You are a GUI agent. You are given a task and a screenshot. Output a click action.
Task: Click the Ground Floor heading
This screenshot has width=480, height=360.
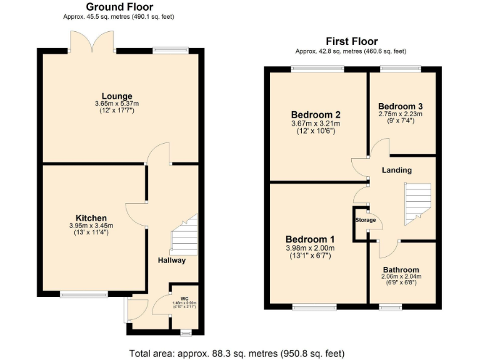(x=119, y=7)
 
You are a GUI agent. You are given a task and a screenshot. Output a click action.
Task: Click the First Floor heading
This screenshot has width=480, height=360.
(x=351, y=42)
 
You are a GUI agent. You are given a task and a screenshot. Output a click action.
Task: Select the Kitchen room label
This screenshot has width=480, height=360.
(x=91, y=218)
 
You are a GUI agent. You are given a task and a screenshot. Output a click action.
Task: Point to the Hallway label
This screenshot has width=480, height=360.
(x=171, y=261)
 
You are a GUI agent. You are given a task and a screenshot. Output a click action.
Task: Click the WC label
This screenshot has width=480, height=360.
(x=184, y=299)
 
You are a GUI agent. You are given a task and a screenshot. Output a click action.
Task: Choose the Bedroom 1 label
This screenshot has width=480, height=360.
(x=311, y=239)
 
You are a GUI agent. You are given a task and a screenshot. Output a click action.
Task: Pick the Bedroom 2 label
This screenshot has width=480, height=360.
(x=316, y=115)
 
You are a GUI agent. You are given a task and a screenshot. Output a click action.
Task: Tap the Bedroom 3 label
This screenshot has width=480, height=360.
(x=401, y=106)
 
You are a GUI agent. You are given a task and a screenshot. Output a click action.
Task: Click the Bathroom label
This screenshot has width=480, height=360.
(x=401, y=269)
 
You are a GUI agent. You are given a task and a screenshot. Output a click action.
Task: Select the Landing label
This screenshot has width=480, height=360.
(x=397, y=170)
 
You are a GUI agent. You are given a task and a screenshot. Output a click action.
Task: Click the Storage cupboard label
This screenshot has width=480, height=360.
(x=366, y=220)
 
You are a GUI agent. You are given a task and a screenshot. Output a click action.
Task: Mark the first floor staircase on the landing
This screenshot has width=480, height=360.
(x=417, y=204)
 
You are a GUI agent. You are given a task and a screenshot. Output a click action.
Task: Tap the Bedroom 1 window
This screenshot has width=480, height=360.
(x=314, y=306)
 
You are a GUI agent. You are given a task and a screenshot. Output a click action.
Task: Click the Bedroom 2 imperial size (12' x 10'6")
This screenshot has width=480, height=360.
(x=316, y=131)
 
